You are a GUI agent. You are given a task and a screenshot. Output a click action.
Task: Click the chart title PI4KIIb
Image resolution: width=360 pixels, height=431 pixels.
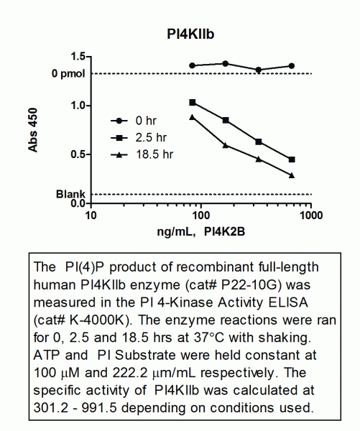pyautogui.click(x=190, y=34)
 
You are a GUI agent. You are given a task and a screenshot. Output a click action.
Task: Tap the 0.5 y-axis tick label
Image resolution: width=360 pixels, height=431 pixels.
pyautogui.click(x=78, y=154)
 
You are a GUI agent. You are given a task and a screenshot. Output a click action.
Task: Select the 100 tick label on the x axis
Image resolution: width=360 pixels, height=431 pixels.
pyautogui.click(x=201, y=215)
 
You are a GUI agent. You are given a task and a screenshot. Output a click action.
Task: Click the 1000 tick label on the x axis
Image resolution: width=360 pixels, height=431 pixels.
pyautogui.click(x=311, y=215)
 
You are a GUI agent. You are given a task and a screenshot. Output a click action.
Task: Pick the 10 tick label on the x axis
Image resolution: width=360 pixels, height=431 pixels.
pyautogui.click(x=91, y=215)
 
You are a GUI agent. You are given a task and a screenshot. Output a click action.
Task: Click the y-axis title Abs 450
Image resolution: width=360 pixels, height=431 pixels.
pyautogui.click(x=33, y=130)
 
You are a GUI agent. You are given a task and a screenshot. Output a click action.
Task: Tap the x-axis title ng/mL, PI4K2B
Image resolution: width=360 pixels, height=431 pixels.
pyautogui.click(x=200, y=232)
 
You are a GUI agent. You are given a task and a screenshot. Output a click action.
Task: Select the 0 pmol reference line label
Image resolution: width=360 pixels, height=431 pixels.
pyautogui.click(x=68, y=74)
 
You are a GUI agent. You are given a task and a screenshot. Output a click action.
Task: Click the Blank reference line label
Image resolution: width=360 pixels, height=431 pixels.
pyautogui.click(x=70, y=195)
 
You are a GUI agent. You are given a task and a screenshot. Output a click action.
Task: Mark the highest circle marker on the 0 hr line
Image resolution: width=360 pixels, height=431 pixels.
pyautogui.click(x=225, y=64)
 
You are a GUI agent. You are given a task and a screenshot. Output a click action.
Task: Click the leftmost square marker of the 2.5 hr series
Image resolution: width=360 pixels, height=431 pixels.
pyautogui.click(x=193, y=103)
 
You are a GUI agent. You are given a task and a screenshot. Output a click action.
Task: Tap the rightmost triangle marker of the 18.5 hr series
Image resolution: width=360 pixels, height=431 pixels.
pyautogui.click(x=292, y=175)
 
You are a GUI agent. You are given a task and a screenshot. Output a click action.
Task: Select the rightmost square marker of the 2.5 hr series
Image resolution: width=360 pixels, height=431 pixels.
pyautogui.click(x=292, y=159)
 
